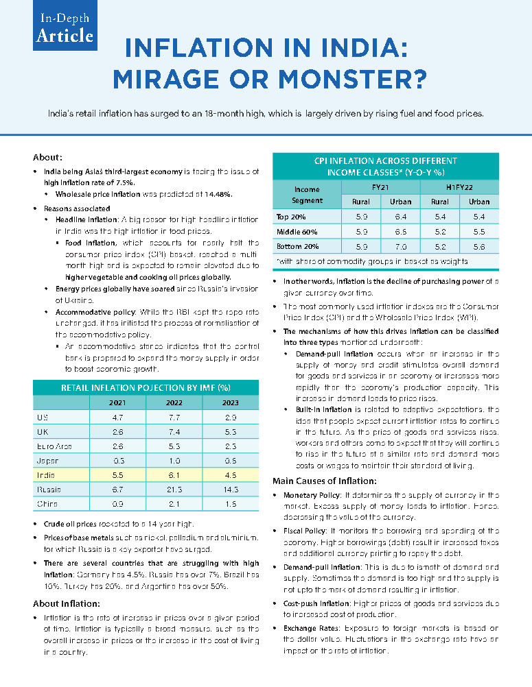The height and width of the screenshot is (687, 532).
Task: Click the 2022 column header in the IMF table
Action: (172, 402)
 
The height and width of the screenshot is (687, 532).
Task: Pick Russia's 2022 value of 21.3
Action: (172, 490)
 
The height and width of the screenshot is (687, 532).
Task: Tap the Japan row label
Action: (47, 460)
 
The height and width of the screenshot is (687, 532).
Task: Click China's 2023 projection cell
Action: (230, 504)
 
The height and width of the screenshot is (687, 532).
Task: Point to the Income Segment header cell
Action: (307, 195)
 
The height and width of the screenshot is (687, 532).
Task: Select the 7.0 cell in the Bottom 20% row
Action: (401, 246)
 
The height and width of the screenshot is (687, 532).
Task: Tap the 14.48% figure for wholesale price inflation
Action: (217, 194)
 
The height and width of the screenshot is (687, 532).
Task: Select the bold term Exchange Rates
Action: (312, 628)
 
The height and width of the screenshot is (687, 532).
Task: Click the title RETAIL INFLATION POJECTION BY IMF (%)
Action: (146, 387)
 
